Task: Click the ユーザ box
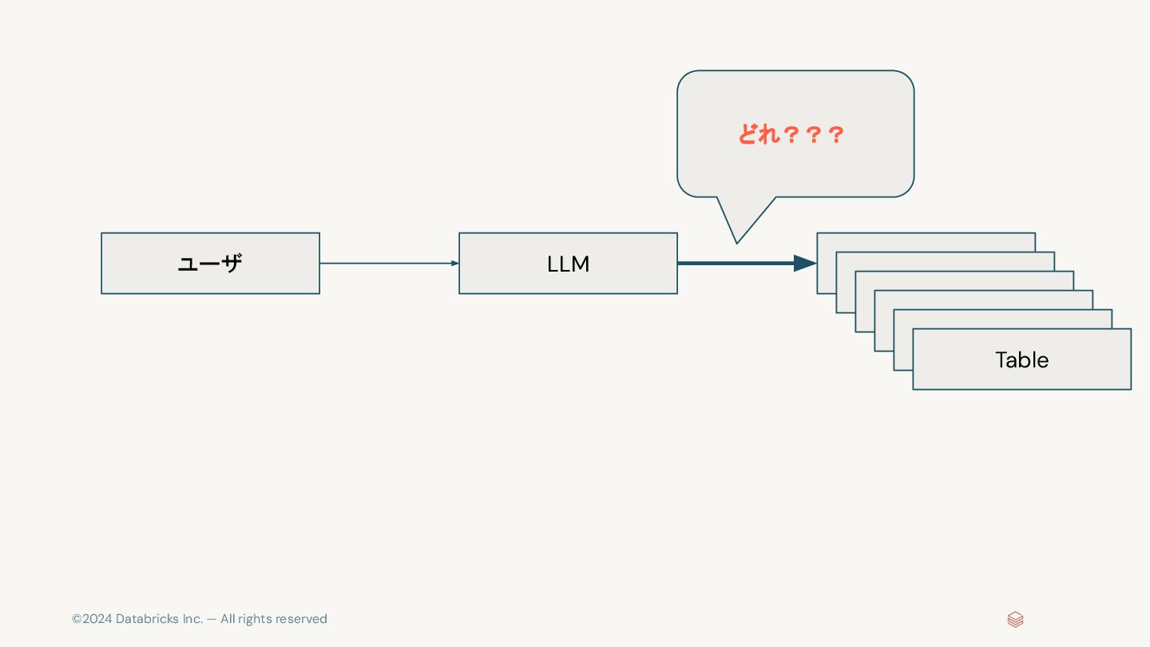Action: click(x=210, y=264)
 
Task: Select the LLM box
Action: click(x=568, y=264)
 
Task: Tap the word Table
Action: click(x=1021, y=360)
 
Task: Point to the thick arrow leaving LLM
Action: click(x=735, y=264)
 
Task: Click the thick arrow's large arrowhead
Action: click(x=805, y=264)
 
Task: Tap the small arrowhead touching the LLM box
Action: click(x=454, y=264)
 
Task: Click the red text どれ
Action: click(x=758, y=134)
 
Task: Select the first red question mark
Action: click(x=791, y=135)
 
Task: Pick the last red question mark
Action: click(x=836, y=135)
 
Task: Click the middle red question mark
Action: click(x=814, y=135)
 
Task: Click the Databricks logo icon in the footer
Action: click(x=1015, y=619)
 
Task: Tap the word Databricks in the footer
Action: click(x=147, y=619)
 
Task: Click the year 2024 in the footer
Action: click(x=97, y=619)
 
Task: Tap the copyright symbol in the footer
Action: click(x=77, y=619)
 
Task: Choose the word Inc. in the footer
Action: click(x=192, y=619)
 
